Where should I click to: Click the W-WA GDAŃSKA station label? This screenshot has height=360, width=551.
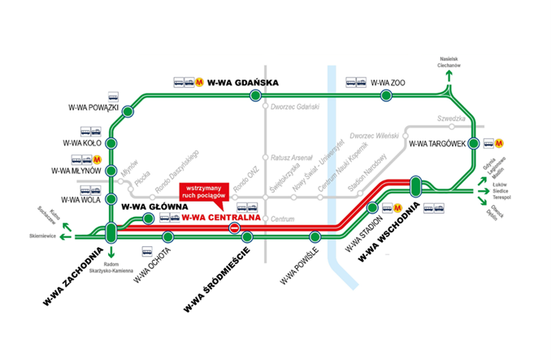[x=244, y=82]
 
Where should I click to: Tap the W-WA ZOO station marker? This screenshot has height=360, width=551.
[x=386, y=96]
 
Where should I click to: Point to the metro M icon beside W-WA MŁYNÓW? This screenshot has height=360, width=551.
[x=97, y=158]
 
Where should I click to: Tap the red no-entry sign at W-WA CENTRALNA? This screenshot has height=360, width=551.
[x=234, y=228]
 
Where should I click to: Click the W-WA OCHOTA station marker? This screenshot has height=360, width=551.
[x=167, y=237]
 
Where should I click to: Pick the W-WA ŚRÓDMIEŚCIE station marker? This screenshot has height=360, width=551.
[x=247, y=237]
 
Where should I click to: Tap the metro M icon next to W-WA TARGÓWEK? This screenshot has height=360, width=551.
[x=489, y=143]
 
